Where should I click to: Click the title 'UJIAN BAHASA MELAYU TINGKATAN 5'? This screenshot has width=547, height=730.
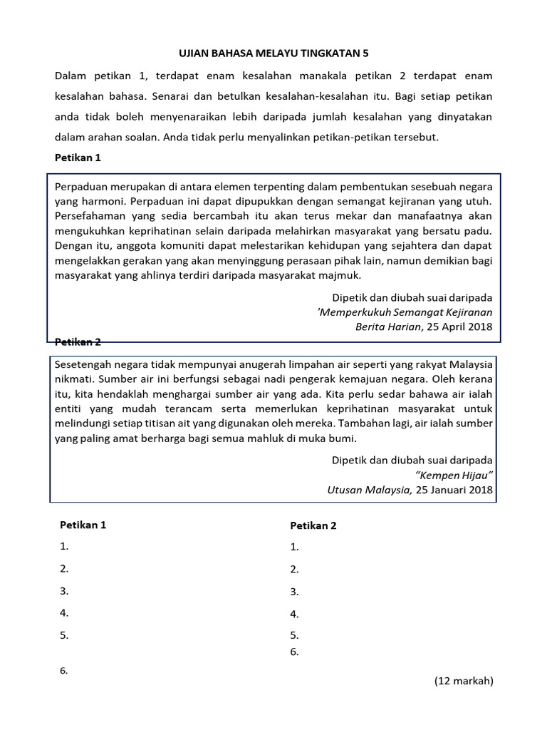(x=273, y=53)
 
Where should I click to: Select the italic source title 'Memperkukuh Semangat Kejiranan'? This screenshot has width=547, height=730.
(x=405, y=312)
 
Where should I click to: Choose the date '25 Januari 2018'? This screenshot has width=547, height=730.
(x=454, y=490)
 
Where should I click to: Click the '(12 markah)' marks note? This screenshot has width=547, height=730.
(x=464, y=681)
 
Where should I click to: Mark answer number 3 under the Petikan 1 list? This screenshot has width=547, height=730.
(x=64, y=590)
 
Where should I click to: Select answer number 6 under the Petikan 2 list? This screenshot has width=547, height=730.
(x=294, y=652)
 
